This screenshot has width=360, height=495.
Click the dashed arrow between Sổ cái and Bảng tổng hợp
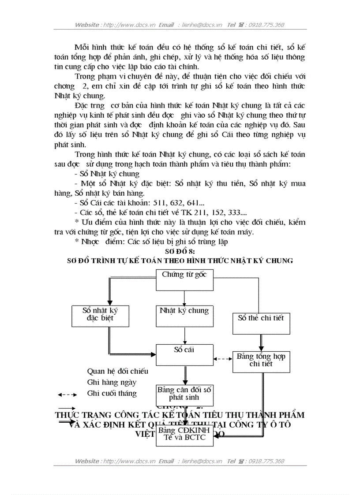click(x=223, y=358)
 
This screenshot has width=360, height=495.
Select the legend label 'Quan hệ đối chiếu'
click(x=117, y=371)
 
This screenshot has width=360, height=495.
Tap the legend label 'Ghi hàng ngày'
click(x=112, y=382)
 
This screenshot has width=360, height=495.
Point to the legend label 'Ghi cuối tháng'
click(x=112, y=393)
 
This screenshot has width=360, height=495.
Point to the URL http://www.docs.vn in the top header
click(x=124, y=25)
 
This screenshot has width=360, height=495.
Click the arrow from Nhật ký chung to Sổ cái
click(x=184, y=336)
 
